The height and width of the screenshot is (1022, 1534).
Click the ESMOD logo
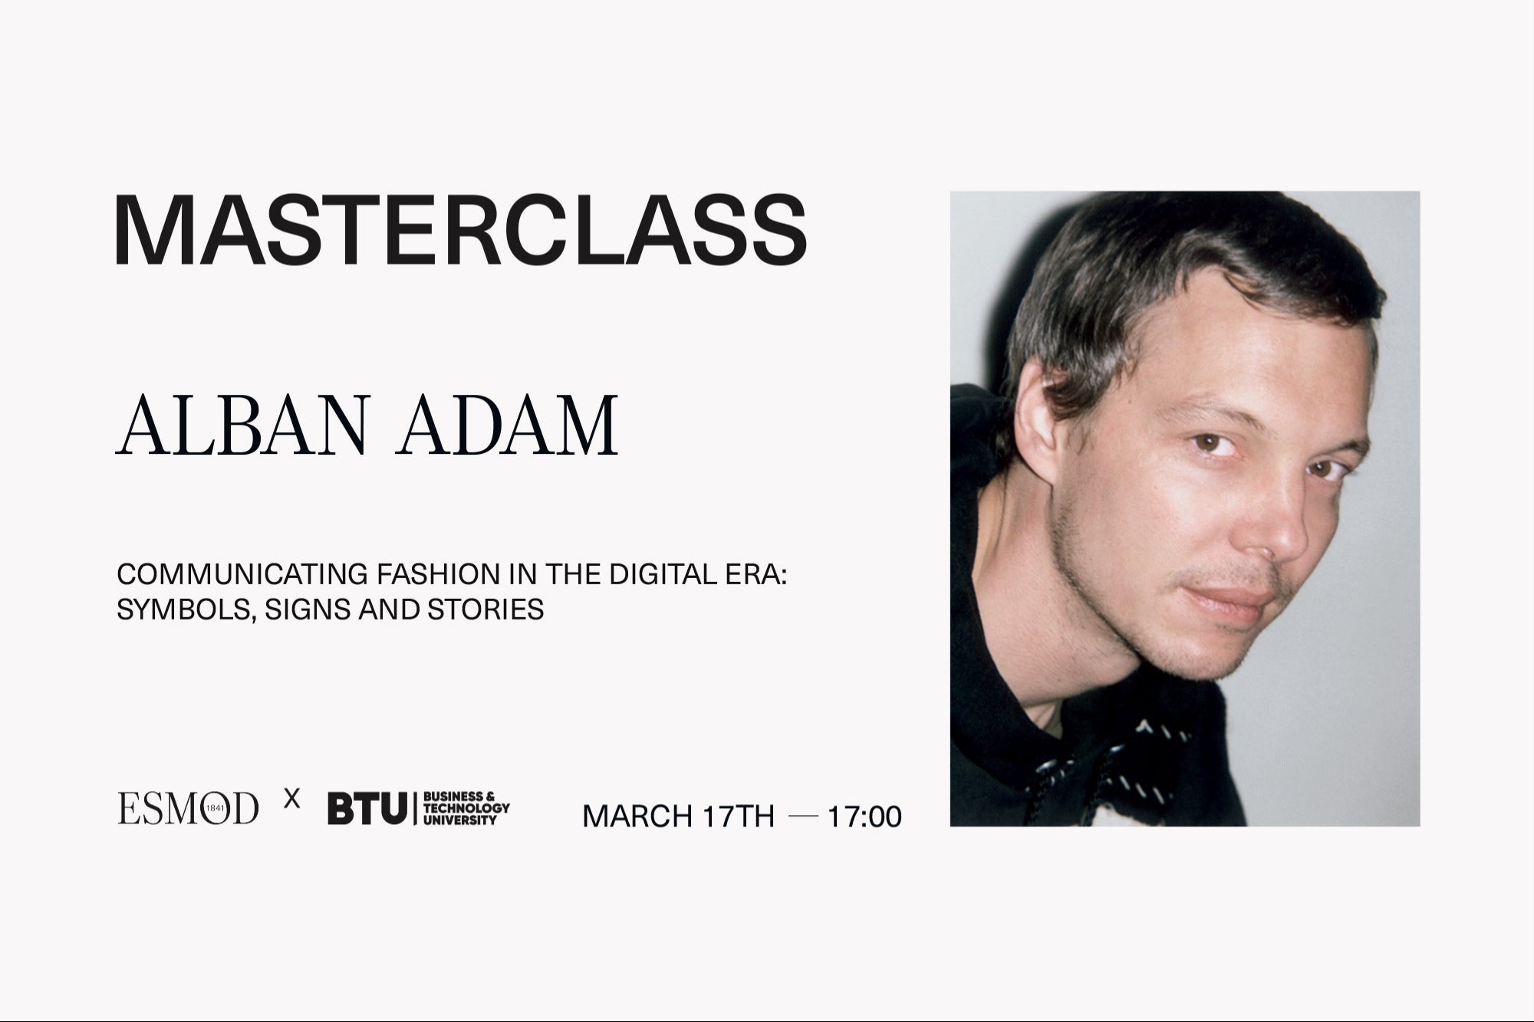(188, 809)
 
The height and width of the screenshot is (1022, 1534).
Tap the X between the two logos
(291, 800)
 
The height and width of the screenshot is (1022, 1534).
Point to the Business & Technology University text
(466, 809)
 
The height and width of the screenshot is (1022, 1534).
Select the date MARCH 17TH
(678, 817)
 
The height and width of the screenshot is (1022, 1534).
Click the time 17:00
(864, 817)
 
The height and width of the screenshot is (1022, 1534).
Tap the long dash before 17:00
(803, 816)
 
